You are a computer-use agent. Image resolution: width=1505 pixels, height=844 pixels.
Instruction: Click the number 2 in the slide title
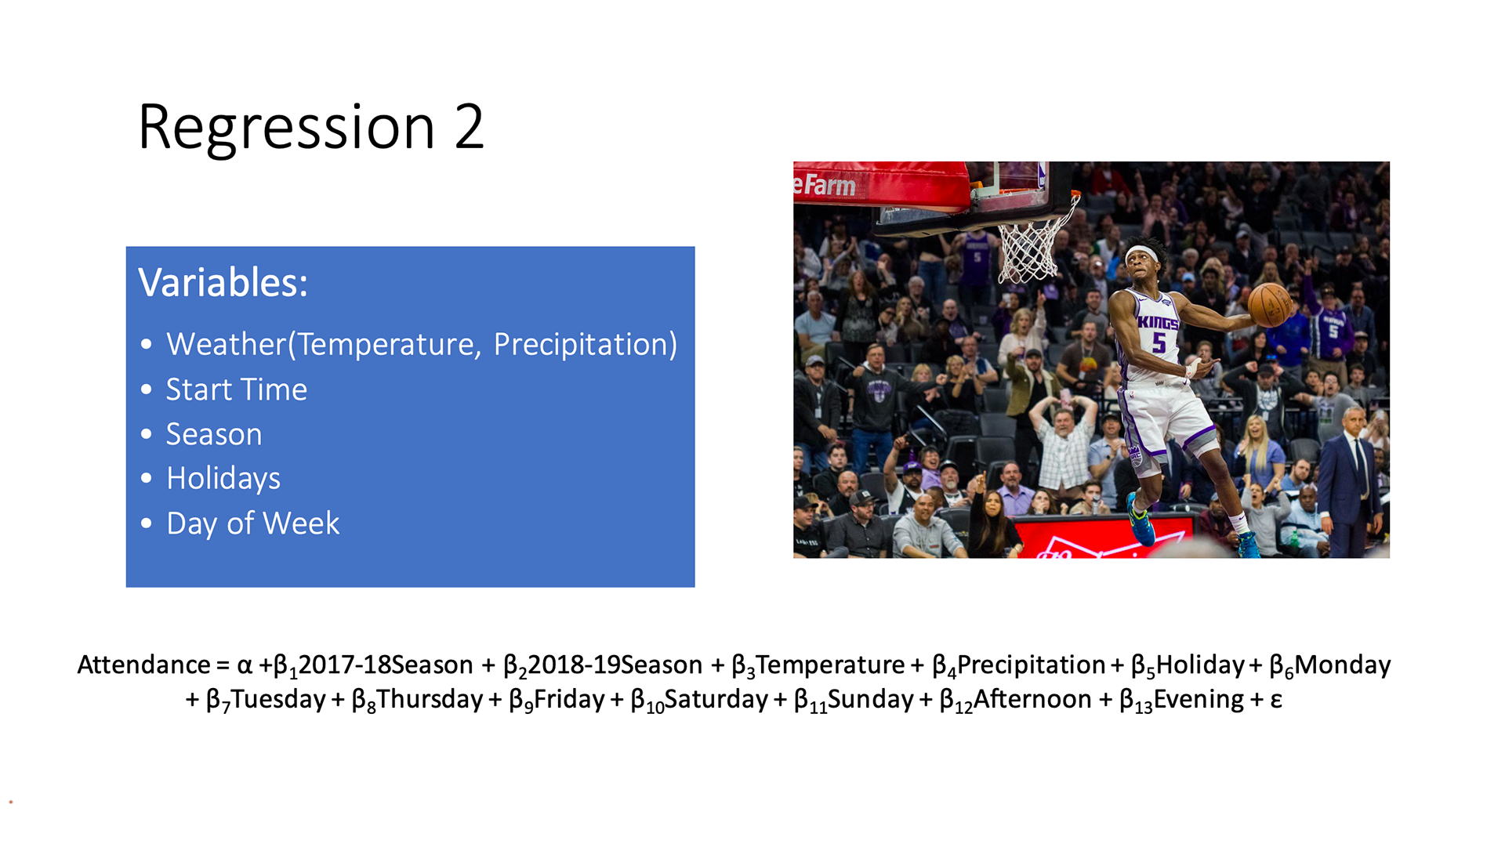469,126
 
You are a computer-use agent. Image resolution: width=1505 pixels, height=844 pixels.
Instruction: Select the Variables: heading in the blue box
223,282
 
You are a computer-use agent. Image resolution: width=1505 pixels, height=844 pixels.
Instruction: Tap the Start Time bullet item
236,389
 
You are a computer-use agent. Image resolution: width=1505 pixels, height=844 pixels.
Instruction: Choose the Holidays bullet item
223,479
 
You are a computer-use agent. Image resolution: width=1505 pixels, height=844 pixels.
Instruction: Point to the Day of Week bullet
252,523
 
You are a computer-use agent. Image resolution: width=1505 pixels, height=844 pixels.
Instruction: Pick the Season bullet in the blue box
214,434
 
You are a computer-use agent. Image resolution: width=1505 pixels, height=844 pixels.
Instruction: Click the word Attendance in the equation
143,665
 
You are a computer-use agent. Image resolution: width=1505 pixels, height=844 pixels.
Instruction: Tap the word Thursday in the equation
430,699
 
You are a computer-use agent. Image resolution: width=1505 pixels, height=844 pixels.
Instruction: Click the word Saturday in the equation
716,699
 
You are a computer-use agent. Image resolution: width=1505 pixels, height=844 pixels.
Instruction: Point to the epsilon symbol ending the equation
1276,700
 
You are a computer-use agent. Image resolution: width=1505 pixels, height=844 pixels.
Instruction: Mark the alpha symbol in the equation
245,666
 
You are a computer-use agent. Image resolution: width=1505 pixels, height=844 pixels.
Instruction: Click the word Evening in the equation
1199,700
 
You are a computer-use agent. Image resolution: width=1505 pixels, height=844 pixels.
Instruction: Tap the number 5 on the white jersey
1159,342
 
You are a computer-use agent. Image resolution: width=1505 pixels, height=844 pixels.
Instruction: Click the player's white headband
1142,254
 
